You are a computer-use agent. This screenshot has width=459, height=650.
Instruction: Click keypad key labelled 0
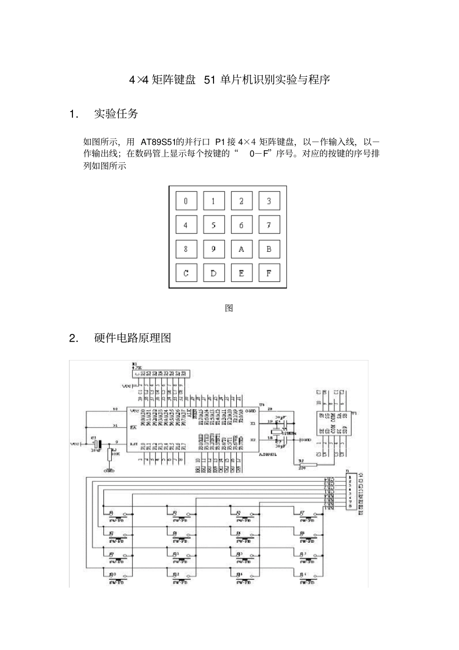click(x=186, y=201)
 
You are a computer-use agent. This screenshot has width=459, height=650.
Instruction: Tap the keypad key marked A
click(x=241, y=249)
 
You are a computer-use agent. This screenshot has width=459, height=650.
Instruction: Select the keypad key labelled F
click(x=269, y=273)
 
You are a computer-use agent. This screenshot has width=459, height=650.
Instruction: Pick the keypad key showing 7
click(x=269, y=225)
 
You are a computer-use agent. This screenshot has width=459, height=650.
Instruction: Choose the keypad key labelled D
click(x=214, y=273)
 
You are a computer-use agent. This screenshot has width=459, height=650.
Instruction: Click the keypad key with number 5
click(x=214, y=225)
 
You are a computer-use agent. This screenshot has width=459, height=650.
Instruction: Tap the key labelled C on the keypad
click(x=186, y=273)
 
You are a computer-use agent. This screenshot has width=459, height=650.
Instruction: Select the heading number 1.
click(x=73, y=114)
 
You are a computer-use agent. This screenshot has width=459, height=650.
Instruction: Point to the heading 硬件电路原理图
click(x=133, y=338)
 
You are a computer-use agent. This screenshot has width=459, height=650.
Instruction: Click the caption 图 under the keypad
click(x=229, y=308)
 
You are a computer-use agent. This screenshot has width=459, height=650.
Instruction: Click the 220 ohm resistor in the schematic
click(x=308, y=465)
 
